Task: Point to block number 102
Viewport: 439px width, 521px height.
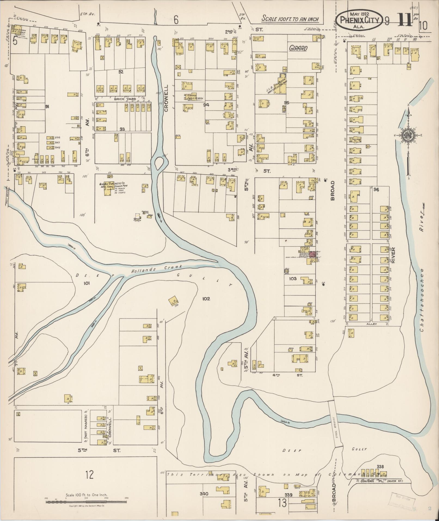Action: pyautogui.click(x=206, y=298)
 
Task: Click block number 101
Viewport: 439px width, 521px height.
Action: pyautogui.click(x=87, y=283)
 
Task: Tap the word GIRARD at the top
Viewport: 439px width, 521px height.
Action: pyautogui.click(x=298, y=48)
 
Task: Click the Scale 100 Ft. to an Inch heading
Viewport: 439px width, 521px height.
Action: pyautogui.click(x=290, y=19)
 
